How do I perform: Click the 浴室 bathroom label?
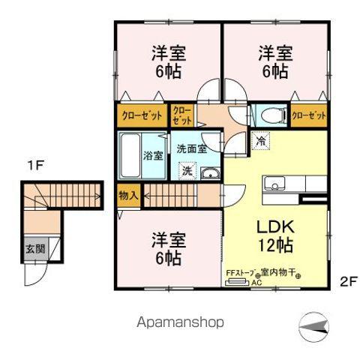tap(152, 156)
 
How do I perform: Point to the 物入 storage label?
tap(129, 196)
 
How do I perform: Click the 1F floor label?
tap(35, 164)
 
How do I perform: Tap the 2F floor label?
tap(347, 283)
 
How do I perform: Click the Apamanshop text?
tap(179, 322)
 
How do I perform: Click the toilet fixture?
tap(268, 115)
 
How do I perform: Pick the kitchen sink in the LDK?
tap(273, 183)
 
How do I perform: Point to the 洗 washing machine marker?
tap(187, 172)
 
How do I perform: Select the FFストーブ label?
tap(240, 274)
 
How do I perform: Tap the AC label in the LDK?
tap(256, 283)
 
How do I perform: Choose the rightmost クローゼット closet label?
tap(309, 115)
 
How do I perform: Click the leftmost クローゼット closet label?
tap(141, 115)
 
